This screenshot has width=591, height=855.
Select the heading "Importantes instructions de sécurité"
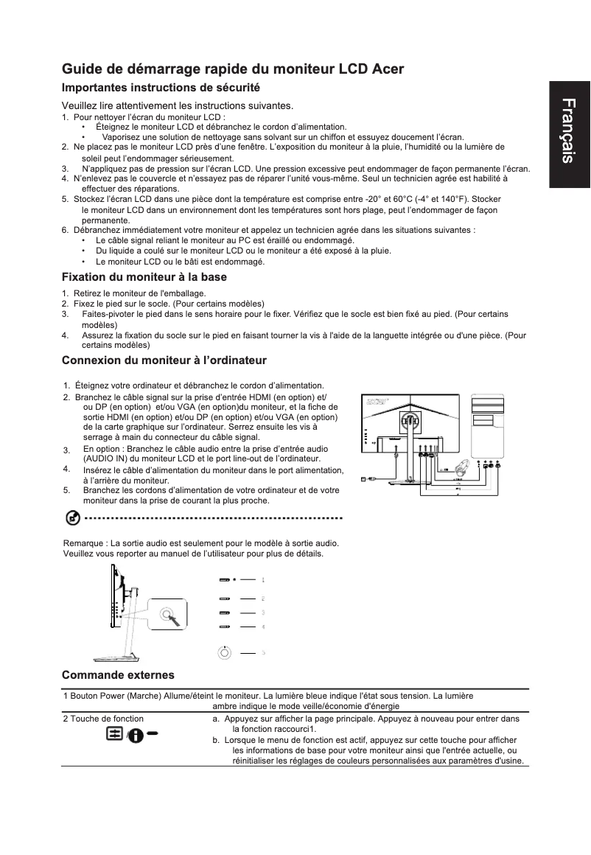[161, 88]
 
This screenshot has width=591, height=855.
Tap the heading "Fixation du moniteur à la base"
[144, 277]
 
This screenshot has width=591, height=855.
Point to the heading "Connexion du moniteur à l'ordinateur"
[164, 360]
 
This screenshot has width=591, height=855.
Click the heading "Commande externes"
[118, 674]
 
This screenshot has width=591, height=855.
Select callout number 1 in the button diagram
[263, 580]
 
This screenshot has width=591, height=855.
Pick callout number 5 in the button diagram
[263, 652]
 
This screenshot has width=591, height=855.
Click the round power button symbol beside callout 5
[224, 652]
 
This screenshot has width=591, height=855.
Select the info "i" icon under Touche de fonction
[136, 736]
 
